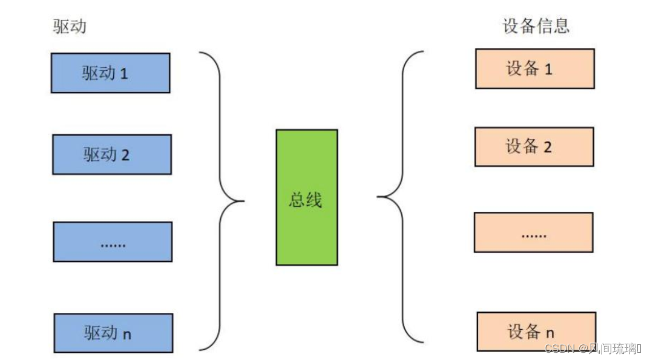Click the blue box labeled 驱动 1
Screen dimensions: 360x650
[x=110, y=73]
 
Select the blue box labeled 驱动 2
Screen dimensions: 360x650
[x=112, y=154]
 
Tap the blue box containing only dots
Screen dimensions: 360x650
[x=113, y=241]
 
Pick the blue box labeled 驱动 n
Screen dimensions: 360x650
[x=113, y=333]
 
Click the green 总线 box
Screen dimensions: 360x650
[x=306, y=197]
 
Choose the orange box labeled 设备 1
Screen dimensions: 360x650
[x=534, y=68]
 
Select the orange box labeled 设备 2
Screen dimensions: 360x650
[x=534, y=146]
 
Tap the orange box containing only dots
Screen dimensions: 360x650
[x=533, y=232]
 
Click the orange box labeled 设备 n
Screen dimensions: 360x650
[x=536, y=332]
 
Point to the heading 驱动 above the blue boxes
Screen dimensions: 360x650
[x=70, y=27]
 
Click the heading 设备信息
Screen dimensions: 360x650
[x=536, y=26]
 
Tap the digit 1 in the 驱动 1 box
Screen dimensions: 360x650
[x=124, y=74]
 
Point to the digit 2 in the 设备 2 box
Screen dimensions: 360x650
[x=547, y=148]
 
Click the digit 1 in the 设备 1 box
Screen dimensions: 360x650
[x=548, y=70]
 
